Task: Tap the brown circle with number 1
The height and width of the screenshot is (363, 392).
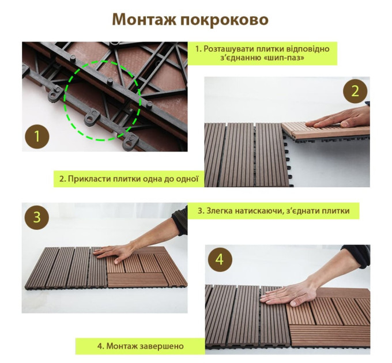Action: click(37, 137)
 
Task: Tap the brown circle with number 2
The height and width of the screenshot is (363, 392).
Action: click(355, 90)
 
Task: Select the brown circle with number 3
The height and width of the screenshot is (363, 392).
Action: click(37, 217)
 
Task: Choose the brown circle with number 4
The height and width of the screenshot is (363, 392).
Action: click(219, 259)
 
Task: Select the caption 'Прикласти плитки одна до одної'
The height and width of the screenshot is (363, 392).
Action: click(129, 179)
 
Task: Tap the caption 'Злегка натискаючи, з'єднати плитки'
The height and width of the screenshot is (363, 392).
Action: click(273, 210)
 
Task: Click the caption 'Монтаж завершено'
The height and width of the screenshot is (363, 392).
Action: click(140, 346)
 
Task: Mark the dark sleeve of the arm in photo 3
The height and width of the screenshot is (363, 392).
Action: click(180, 221)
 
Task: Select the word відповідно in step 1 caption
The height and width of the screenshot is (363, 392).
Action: click(305, 48)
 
